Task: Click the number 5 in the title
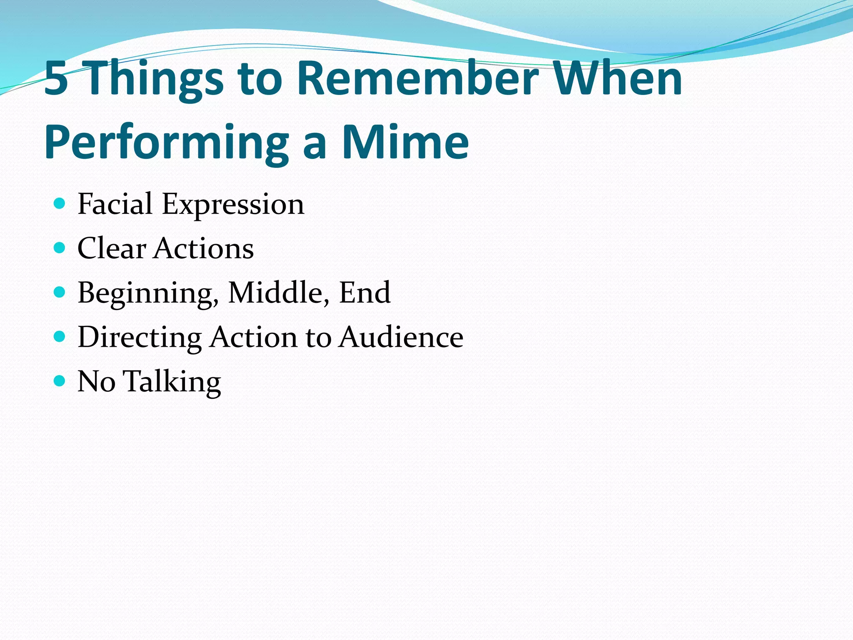(x=56, y=78)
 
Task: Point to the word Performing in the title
(x=167, y=143)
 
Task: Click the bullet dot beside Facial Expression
(x=60, y=204)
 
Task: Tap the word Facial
(x=115, y=204)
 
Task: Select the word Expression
(x=233, y=205)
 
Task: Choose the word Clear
(x=112, y=249)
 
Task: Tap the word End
(x=364, y=293)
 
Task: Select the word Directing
(x=140, y=337)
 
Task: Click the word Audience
(x=401, y=337)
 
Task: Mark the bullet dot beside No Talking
(x=60, y=381)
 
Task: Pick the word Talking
(x=172, y=382)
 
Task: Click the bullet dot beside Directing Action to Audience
(x=60, y=337)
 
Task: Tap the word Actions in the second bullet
(x=204, y=249)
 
